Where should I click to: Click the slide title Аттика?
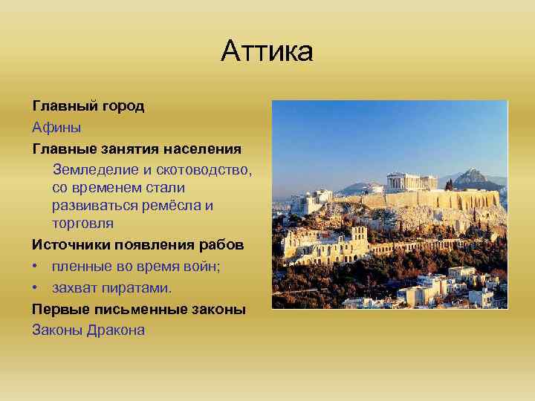(267, 52)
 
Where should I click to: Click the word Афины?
(56, 127)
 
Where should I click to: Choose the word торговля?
(82, 223)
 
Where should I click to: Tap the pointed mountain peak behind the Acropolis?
(470, 176)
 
